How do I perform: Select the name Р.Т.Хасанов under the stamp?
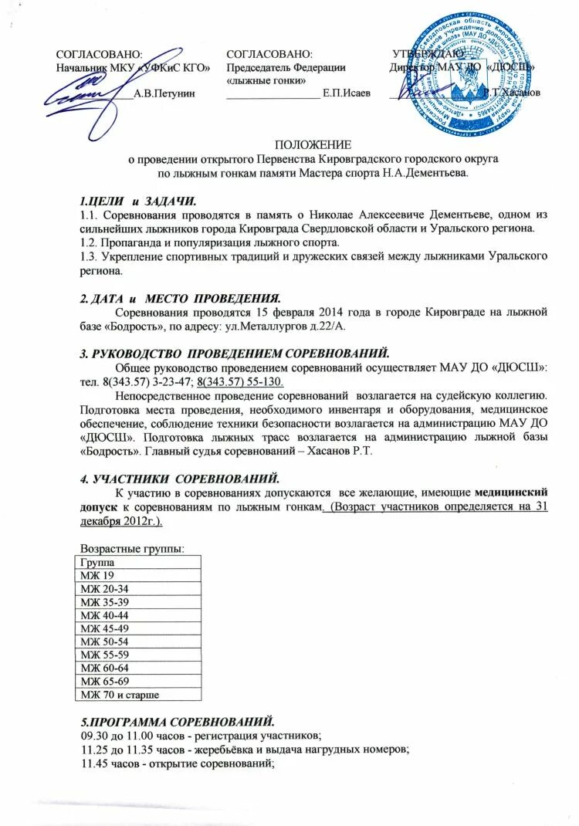(x=511, y=93)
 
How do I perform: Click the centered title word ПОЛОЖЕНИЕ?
(x=313, y=144)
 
